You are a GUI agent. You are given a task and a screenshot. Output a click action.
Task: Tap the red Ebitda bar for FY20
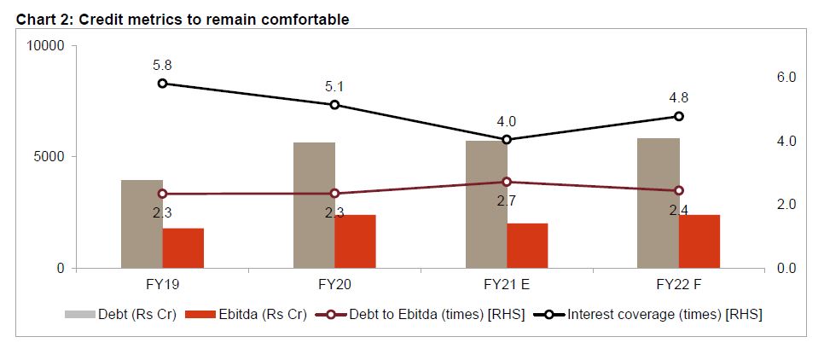355,241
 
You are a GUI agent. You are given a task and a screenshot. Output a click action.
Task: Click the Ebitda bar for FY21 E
527,246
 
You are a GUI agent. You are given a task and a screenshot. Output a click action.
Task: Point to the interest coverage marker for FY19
162,84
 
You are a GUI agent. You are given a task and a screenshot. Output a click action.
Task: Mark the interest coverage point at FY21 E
507,139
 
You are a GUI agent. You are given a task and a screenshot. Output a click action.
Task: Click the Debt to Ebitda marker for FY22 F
679,191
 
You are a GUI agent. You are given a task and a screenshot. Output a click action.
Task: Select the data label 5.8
162,64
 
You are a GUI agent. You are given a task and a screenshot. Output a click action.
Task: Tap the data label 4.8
679,96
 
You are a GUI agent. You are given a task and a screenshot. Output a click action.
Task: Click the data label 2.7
507,202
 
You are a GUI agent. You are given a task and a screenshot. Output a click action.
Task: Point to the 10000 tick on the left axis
46,45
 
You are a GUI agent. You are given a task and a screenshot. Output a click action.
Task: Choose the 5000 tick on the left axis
49,157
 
